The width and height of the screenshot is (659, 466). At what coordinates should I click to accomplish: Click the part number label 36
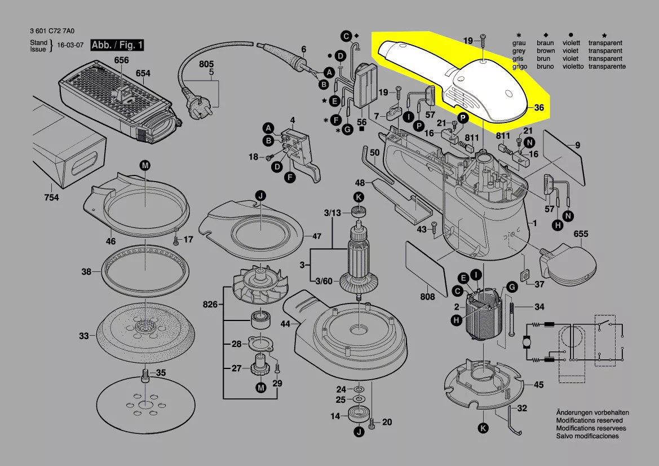(538, 107)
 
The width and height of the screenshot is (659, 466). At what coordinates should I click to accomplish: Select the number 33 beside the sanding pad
(83, 336)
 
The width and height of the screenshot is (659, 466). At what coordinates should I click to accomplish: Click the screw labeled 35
(145, 375)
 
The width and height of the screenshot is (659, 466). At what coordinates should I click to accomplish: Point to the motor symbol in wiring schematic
(527, 342)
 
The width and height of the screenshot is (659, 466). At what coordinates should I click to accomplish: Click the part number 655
(581, 234)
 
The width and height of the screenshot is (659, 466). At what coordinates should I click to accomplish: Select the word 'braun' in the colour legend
(545, 43)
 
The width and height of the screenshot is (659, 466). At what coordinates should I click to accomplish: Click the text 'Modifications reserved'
(589, 420)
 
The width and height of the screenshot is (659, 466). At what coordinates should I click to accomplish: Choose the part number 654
(143, 73)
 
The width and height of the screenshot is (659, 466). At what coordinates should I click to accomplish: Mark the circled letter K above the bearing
(359, 197)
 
